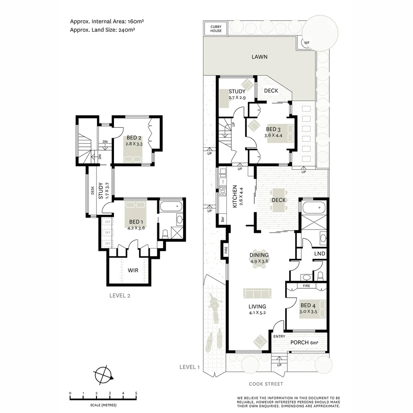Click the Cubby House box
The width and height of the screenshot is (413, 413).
click(216, 29)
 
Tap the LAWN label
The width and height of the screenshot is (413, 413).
click(259, 57)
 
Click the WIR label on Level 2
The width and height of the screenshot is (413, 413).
click(133, 270)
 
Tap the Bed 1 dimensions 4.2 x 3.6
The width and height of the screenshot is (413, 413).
click(137, 228)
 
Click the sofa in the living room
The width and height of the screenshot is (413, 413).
click(257, 293)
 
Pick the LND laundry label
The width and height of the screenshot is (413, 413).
click(320, 254)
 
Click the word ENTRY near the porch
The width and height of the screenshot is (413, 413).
click(279, 336)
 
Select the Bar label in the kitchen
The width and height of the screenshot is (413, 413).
click(222, 220)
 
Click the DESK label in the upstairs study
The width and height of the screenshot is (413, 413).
click(93, 190)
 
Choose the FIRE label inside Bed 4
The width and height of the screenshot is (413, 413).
click(306, 286)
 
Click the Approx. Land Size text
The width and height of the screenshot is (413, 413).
click(102, 30)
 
